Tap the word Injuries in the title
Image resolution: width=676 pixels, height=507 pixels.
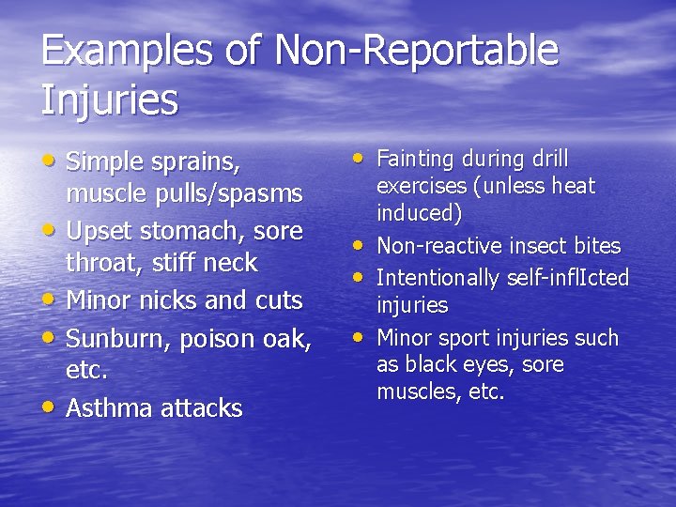click(109, 100)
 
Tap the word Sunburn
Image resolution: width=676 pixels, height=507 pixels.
click(113, 337)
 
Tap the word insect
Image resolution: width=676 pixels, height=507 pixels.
click(537, 246)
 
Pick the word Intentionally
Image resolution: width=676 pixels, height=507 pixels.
click(439, 278)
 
